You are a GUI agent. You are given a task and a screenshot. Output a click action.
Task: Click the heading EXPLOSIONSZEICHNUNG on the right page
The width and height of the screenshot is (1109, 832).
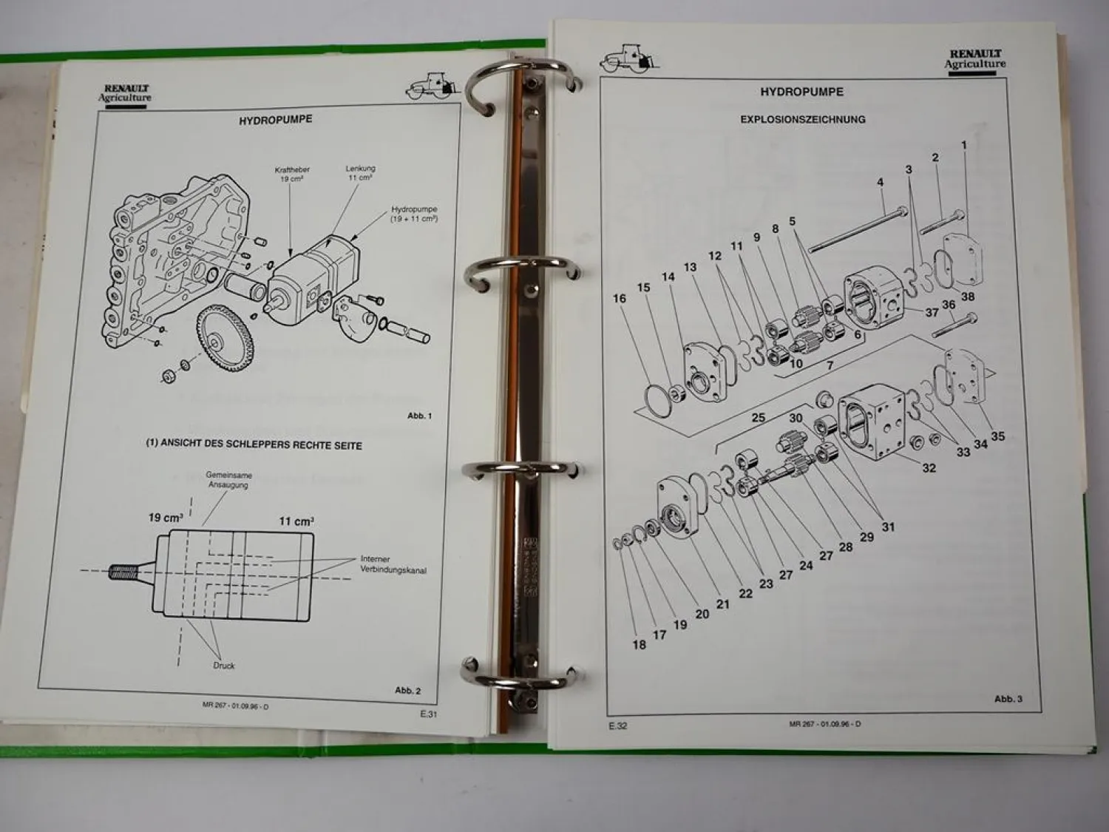click(802, 119)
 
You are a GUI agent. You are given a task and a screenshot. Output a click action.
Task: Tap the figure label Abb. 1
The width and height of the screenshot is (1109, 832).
click(419, 416)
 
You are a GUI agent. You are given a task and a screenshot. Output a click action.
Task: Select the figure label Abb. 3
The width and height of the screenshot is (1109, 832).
click(1008, 698)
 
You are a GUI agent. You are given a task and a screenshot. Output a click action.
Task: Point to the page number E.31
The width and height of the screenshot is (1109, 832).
click(429, 714)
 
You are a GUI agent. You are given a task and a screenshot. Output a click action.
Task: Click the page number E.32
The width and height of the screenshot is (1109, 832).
click(617, 726)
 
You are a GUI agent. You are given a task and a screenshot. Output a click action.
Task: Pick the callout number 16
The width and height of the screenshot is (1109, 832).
click(620, 298)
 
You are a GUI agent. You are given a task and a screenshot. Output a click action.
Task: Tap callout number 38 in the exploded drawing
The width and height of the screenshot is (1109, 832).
click(967, 297)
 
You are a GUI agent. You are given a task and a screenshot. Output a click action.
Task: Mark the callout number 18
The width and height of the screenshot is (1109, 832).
click(639, 644)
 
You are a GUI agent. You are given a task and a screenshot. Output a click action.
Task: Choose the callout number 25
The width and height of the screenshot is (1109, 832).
click(758, 417)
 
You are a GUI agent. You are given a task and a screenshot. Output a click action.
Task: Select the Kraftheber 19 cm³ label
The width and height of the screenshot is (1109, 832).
click(292, 175)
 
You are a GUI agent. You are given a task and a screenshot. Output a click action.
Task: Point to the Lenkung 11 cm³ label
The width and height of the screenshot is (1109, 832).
click(360, 173)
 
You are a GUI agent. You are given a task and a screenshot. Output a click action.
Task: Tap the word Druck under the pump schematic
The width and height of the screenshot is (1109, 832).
click(223, 666)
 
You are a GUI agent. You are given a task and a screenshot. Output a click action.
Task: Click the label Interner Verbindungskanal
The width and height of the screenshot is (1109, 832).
click(393, 564)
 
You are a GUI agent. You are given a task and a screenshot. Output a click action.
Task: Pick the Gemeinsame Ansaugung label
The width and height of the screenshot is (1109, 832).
click(228, 480)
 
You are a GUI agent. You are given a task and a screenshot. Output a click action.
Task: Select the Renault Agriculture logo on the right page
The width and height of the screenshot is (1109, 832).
click(974, 58)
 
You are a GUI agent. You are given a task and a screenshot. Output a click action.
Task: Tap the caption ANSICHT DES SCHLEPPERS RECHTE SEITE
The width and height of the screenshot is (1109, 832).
click(254, 445)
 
